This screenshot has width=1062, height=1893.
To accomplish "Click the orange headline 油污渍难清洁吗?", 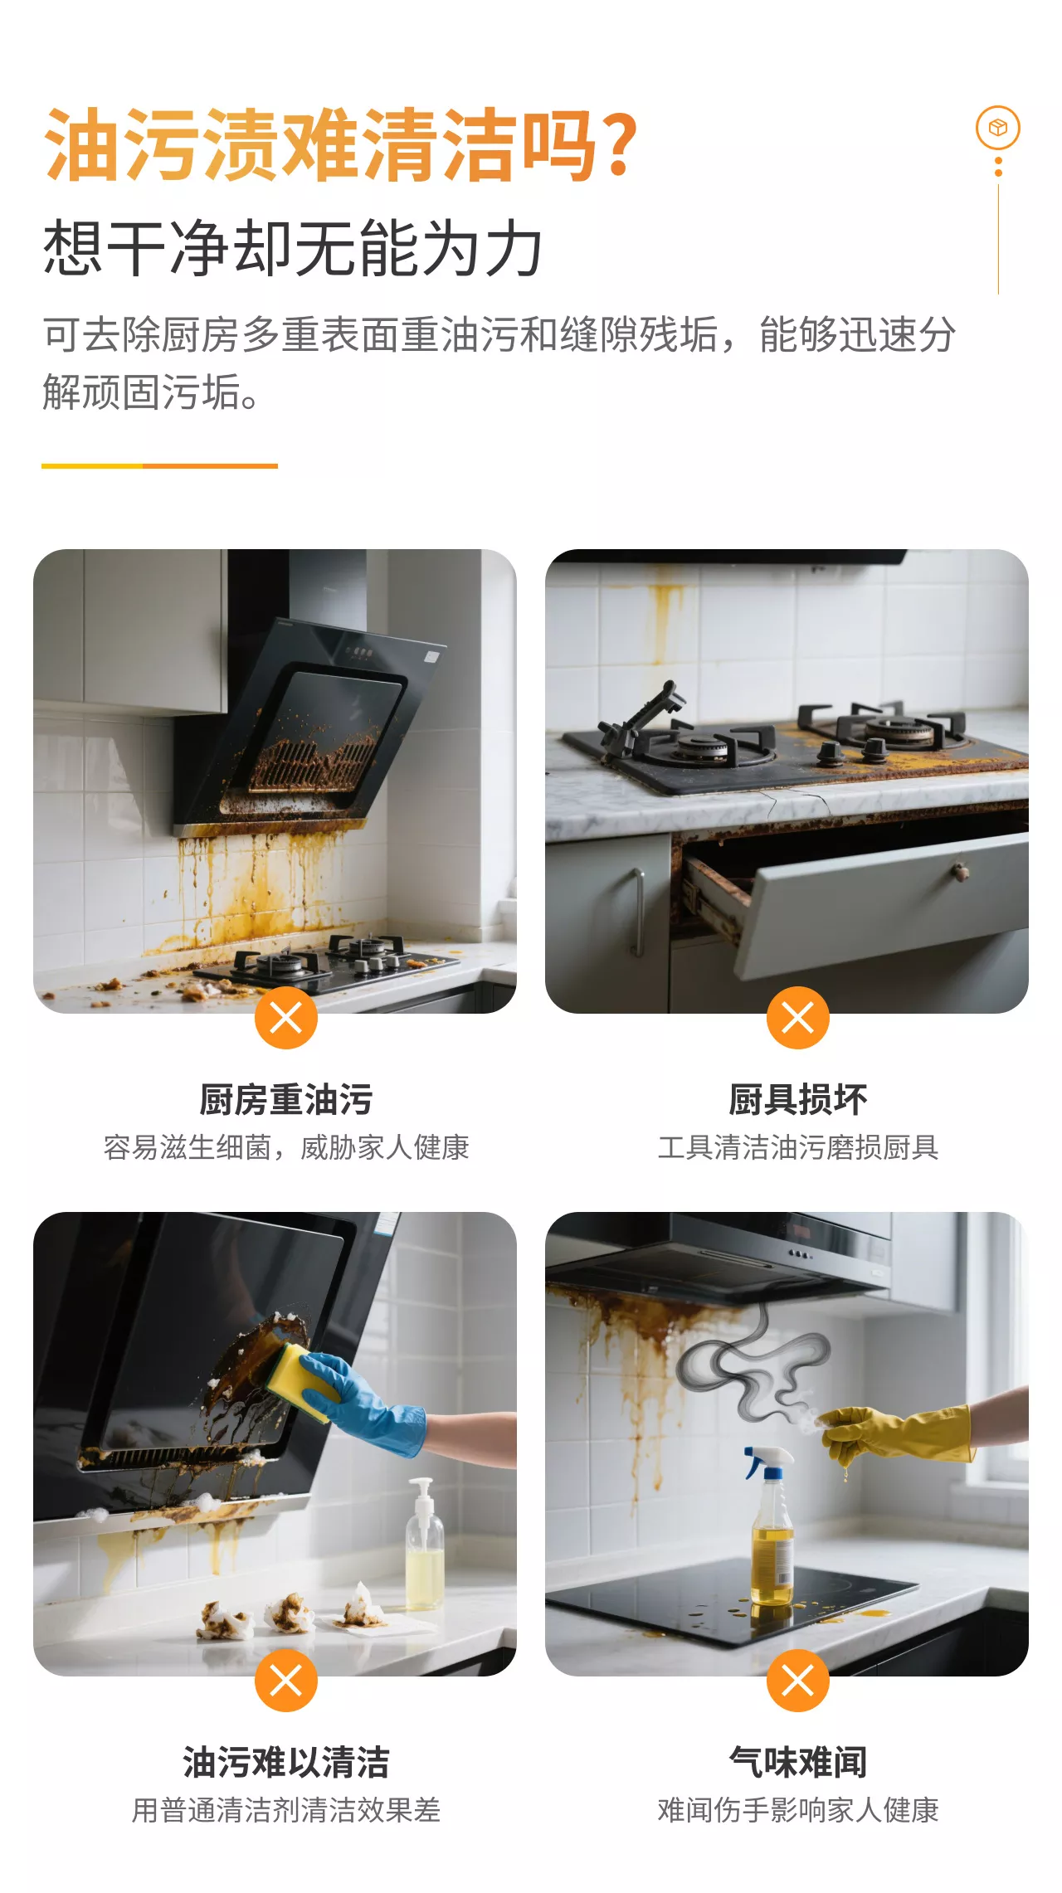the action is pos(341,144).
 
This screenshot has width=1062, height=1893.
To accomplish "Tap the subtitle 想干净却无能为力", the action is pos(293,248).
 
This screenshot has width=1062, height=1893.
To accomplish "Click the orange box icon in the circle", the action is pos(997,128).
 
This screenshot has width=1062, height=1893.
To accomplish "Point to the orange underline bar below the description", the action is pos(159,466).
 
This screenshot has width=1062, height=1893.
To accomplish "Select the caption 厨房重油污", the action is pos(286,1099).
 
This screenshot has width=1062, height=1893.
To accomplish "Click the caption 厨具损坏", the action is pos(798,1099).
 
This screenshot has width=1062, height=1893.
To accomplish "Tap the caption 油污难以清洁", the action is pos(286,1762).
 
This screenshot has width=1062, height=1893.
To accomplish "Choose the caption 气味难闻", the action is pos(798,1762).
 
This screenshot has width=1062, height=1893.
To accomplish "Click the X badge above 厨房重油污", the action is pos(286,1018).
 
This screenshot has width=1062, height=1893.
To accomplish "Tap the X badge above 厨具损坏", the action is pos(798,1018).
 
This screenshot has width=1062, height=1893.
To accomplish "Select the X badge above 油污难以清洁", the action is pos(286,1681).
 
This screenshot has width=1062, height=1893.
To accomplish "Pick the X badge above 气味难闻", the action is pos(798,1681).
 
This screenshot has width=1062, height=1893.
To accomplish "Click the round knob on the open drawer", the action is pos(961,870).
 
